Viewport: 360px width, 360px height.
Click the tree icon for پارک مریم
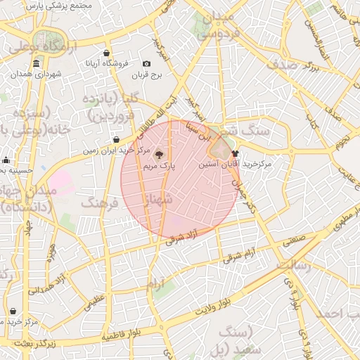coord(158,154)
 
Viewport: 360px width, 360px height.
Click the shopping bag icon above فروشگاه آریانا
coord(106,53)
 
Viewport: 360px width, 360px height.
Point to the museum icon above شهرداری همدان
coord(36,63)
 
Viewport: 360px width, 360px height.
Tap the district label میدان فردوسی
coord(214,25)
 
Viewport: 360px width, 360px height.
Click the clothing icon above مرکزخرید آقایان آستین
coord(234,153)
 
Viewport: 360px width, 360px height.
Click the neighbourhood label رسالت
coord(294,265)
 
